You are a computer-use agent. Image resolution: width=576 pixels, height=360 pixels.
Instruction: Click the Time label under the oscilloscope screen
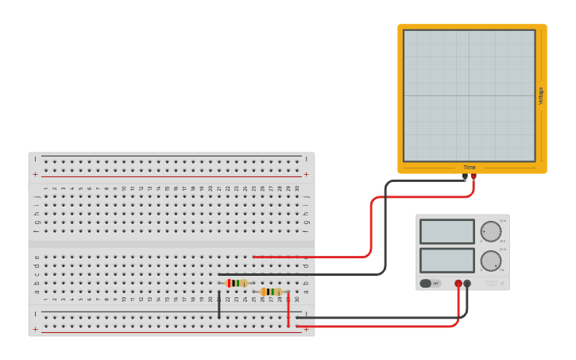click(x=470, y=168)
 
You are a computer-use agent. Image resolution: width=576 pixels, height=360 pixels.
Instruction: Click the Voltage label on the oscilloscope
click(x=541, y=95)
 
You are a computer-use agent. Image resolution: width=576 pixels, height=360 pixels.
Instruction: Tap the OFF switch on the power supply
click(x=430, y=283)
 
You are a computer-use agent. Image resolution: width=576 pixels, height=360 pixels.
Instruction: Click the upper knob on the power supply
click(x=491, y=231)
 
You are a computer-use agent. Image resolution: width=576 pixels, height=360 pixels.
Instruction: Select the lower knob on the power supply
click(x=491, y=261)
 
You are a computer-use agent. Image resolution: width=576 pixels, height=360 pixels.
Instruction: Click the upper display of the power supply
click(x=446, y=231)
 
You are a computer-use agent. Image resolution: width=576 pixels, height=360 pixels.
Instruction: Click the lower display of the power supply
click(x=446, y=260)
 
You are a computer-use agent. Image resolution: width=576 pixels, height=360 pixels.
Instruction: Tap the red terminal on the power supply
click(x=458, y=283)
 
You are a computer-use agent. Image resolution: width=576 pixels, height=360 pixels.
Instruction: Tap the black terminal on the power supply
click(x=467, y=283)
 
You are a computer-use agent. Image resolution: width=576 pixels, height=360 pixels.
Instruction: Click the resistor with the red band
click(x=236, y=283)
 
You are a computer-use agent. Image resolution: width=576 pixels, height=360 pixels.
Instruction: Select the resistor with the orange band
click(x=271, y=292)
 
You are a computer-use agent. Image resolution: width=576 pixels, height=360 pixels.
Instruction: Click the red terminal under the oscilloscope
click(x=474, y=176)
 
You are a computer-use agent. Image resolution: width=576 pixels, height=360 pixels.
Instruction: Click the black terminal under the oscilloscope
click(x=466, y=176)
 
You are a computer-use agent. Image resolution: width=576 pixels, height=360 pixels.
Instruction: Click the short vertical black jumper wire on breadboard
click(x=219, y=305)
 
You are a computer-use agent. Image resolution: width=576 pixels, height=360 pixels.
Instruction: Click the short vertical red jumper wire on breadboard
click(x=288, y=309)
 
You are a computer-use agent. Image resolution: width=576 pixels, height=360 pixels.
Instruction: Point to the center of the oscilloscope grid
click(x=469, y=95)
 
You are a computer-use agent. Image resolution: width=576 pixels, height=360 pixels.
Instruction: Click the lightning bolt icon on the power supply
click(x=501, y=283)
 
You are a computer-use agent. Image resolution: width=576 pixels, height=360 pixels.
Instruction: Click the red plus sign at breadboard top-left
click(x=35, y=174)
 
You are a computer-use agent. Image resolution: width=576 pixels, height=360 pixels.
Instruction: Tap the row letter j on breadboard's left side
click(x=37, y=196)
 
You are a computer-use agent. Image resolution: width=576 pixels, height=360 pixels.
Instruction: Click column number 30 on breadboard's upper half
click(x=297, y=188)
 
